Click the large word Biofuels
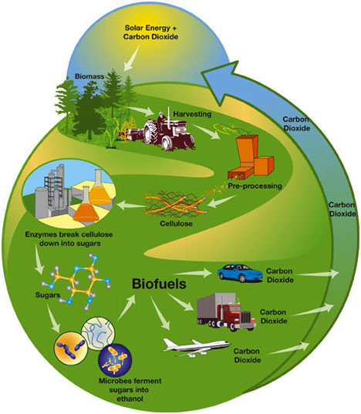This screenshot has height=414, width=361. point(159,284)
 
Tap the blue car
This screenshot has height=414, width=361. point(240,273)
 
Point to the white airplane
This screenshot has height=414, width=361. point(196,347)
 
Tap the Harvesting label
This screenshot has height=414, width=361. point(192,114)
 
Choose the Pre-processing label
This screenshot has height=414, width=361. point(255,186)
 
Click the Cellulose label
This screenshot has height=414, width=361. point(176,224)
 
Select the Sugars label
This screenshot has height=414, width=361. point(48,295)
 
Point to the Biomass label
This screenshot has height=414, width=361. point(89,76)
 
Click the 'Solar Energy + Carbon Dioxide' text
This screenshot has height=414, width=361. point(150,32)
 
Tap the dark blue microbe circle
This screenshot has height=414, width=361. point(115,361)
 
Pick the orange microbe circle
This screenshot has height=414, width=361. point(71,348)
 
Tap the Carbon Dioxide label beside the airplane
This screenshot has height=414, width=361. point(247,355)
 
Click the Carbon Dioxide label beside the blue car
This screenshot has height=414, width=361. point(280,275)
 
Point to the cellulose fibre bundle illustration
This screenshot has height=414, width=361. point(176,204)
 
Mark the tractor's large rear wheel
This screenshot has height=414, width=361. point(151,133)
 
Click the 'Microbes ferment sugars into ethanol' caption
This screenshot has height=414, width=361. point(130,389)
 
